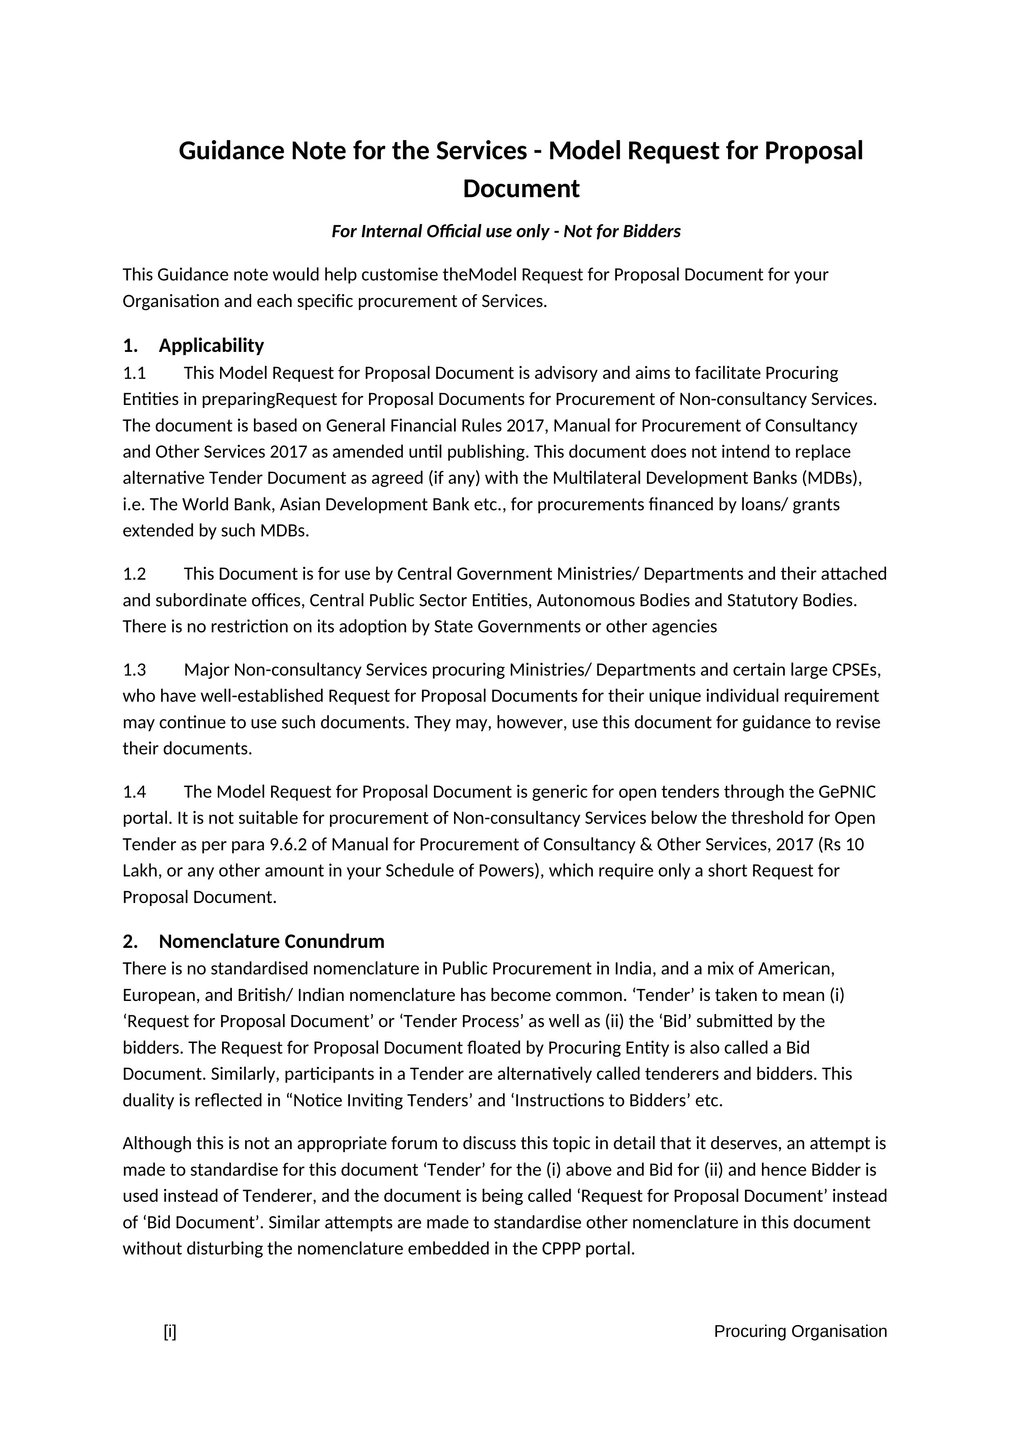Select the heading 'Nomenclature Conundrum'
click(x=272, y=941)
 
